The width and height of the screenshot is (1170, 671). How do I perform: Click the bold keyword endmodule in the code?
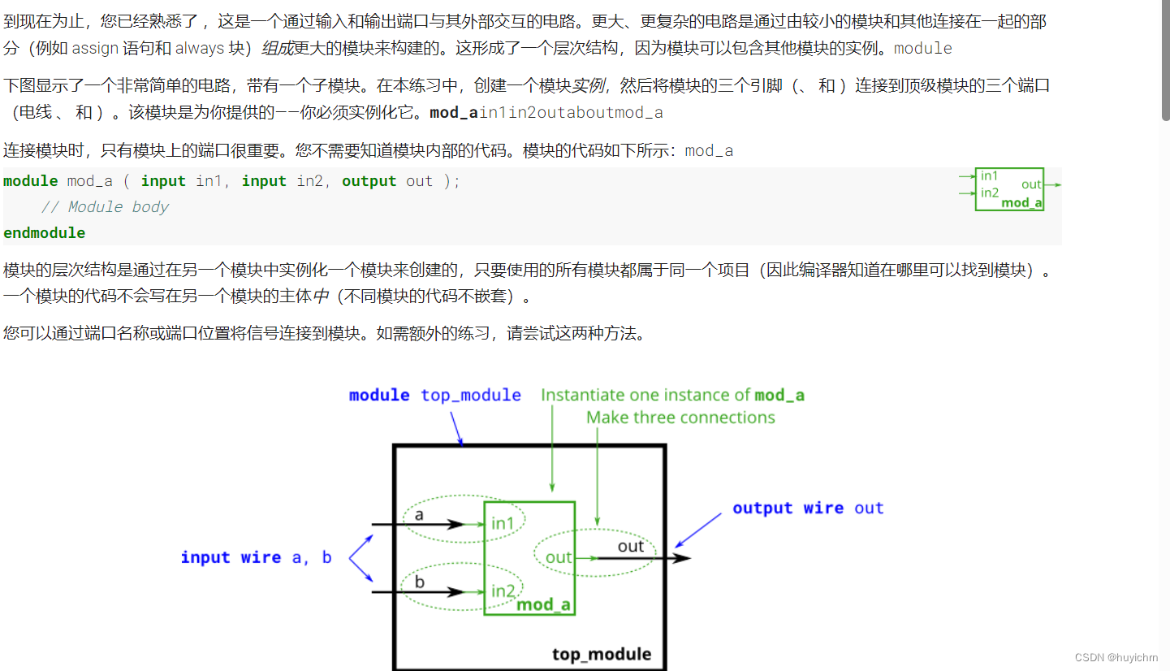[44, 233]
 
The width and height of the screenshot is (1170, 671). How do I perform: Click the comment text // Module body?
[105, 207]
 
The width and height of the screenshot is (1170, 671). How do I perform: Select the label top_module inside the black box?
[601, 654]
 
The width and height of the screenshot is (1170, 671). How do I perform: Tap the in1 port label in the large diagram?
[503, 523]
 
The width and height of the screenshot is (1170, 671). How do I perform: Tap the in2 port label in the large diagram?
[503, 591]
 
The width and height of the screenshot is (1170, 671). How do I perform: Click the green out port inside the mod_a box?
[559, 557]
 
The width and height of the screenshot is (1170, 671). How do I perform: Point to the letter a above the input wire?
[419, 514]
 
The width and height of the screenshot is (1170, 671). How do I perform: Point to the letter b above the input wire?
[419, 582]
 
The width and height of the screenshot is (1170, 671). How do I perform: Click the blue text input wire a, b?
[256, 557]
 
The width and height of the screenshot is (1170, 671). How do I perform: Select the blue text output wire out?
[807, 509]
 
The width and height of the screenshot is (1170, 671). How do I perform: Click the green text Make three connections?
[680, 418]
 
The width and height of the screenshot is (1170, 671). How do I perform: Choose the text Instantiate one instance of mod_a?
[672, 396]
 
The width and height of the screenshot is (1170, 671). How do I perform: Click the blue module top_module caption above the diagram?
[434, 396]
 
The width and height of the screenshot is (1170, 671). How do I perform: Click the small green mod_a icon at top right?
[1009, 189]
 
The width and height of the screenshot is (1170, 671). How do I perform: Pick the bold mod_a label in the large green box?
[543, 604]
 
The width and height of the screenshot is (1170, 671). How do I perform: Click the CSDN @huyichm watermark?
[1116, 657]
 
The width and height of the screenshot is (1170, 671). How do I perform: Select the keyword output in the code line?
[369, 181]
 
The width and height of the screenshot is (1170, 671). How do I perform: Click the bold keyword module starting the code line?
[31, 181]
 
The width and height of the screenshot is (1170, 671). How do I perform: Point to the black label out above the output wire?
[631, 546]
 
